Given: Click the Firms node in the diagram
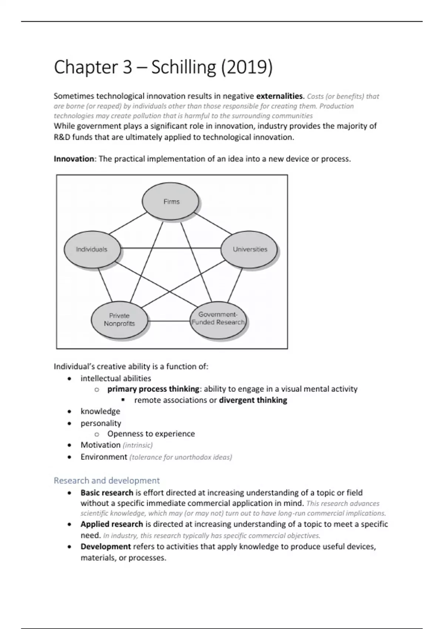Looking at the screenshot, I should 171,202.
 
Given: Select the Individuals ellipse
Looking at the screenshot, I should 92,249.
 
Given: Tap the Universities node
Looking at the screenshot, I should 250,249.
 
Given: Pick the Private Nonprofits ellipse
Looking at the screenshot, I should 119,320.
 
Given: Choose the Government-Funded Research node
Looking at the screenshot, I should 218,319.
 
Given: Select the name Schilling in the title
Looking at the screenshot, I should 184,67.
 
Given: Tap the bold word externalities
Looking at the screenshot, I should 279,96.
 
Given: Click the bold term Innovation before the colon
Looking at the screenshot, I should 74,159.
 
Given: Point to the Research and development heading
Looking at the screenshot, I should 107,481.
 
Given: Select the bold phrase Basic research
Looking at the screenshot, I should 107,493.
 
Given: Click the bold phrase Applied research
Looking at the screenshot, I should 112,524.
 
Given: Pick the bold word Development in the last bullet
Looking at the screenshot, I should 106,547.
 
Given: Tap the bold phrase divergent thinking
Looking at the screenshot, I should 253,400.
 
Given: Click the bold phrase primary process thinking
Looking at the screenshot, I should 153,389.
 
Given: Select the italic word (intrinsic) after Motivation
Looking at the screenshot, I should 138,445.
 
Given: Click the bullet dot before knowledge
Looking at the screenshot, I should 70,412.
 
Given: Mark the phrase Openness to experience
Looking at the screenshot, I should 151,434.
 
